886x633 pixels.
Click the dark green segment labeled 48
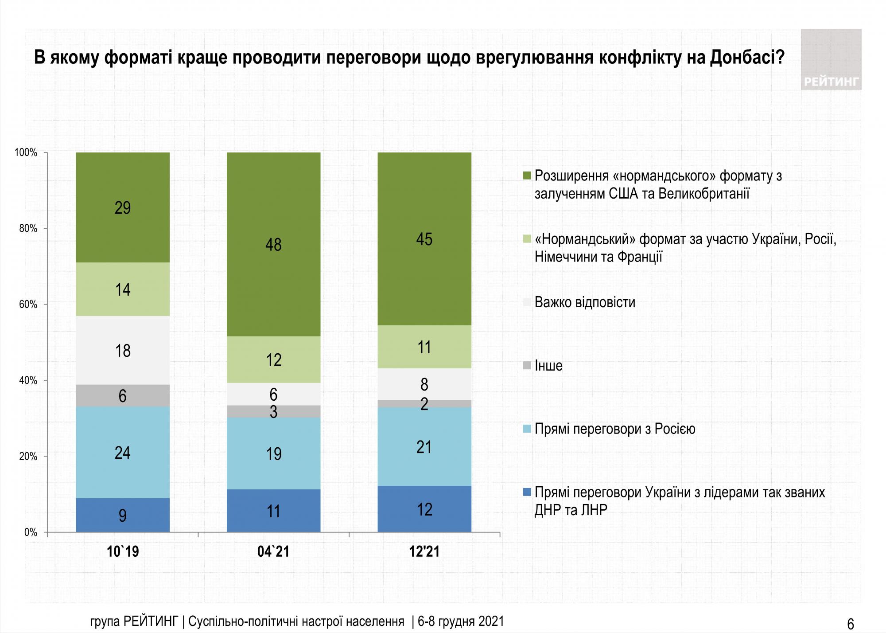click(x=273, y=244)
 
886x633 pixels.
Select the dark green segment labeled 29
click(x=123, y=207)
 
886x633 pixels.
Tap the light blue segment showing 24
click(x=123, y=452)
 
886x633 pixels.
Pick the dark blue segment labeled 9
click(x=123, y=515)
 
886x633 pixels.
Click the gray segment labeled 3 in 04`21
click(x=273, y=411)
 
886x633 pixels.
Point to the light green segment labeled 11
click(x=424, y=347)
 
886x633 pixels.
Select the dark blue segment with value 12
click(x=424, y=509)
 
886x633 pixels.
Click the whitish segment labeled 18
click(x=123, y=350)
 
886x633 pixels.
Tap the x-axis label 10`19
click(x=123, y=551)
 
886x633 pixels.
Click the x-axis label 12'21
click(x=424, y=551)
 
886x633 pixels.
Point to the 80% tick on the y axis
click(x=28, y=229)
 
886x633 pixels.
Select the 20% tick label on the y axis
click(x=28, y=457)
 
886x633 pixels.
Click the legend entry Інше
click(x=548, y=366)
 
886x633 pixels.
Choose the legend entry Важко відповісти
click(x=585, y=302)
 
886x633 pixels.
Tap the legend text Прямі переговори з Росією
click(x=615, y=429)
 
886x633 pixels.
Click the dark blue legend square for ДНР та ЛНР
click(x=527, y=492)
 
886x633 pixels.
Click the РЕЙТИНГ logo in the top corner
click(x=831, y=60)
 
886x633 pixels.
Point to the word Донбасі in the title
click(x=747, y=58)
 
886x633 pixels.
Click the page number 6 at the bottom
click(x=851, y=624)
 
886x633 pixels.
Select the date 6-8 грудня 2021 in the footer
click(x=461, y=621)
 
